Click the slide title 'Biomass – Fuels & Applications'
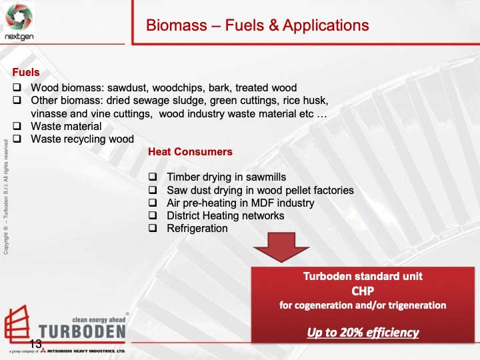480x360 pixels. [x=257, y=26]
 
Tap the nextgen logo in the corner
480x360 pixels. [x=19, y=21]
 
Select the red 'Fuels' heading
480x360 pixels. [x=27, y=72]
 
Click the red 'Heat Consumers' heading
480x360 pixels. [x=190, y=152]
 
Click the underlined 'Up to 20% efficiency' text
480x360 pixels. [x=363, y=332]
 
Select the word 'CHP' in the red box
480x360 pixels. [x=363, y=291]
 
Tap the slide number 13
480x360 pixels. [x=35, y=343]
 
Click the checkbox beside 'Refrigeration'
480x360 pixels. [x=153, y=229]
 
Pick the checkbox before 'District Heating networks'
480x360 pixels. [x=153, y=216]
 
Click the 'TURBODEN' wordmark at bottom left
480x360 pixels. [x=81, y=331]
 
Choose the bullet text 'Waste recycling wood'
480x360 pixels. [x=82, y=139]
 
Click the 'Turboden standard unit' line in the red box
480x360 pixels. [x=363, y=276]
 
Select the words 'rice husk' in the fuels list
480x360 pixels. [x=305, y=101]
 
